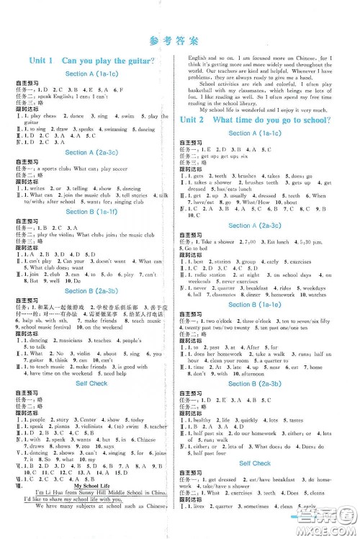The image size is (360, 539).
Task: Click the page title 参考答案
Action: [x=179, y=40]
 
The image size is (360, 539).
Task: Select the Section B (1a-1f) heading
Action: [x=95, y=211]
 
